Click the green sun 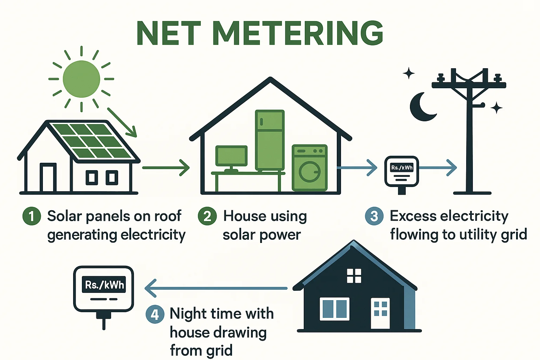point(81,79)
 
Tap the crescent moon point(420,108)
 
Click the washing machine point(309,168)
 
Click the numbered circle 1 point(32,216)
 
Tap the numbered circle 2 point(207,216)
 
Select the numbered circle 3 point(374,216)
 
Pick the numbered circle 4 point(155,314)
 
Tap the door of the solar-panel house point(48,178)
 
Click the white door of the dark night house point(380,313)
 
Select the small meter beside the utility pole point(401,172)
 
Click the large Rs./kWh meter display point(104,285)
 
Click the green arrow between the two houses point(165,168)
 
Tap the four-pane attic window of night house point(354,276)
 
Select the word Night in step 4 point(187,314)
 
